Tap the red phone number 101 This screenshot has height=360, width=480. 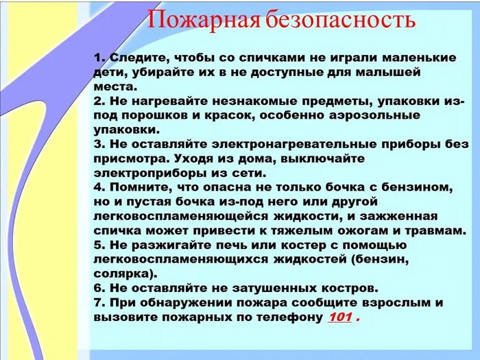tap(340, 317)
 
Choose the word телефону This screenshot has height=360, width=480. tap(287, 317)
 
